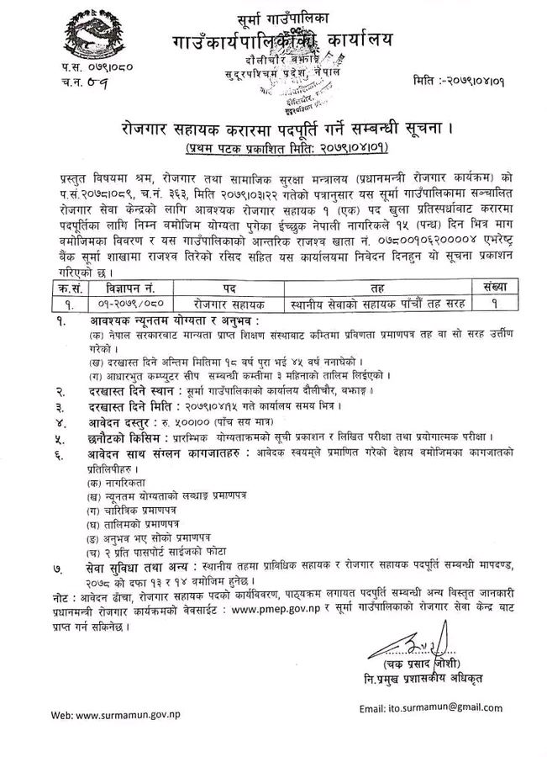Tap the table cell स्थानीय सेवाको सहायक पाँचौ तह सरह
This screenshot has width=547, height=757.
click(382, 303)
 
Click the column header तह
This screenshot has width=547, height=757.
click(382, 287)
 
